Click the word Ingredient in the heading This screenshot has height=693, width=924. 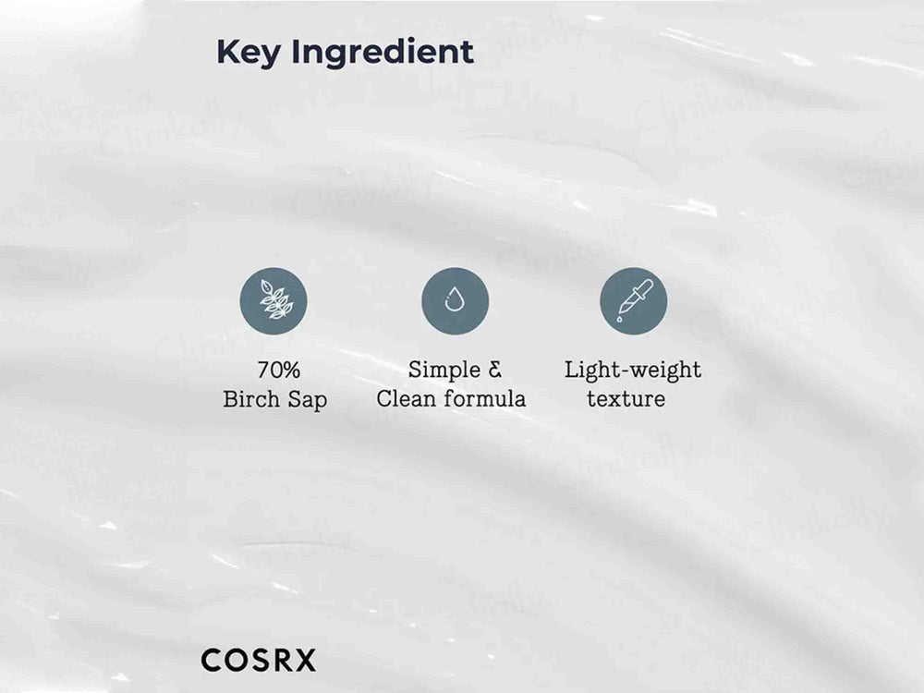tap(383, 54)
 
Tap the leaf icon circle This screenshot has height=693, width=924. tap(274, 301)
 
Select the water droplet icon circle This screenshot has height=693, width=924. tap(455, 301)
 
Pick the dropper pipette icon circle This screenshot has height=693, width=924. tap(633, 301)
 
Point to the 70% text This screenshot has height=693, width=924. tap(278, 371)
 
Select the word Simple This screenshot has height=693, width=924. tap(444, 370)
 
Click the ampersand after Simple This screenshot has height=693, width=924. tap(494, 370)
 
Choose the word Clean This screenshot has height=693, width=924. tap(409, 399)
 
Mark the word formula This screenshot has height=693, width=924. tap(487, 399)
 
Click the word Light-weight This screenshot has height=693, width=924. tap(633, 371)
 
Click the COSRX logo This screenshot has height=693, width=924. tap(258, 661)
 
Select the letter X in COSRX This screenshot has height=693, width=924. tap(305, 661)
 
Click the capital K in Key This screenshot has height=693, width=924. tap(226, 52)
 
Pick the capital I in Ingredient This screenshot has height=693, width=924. tap(296, 52)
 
